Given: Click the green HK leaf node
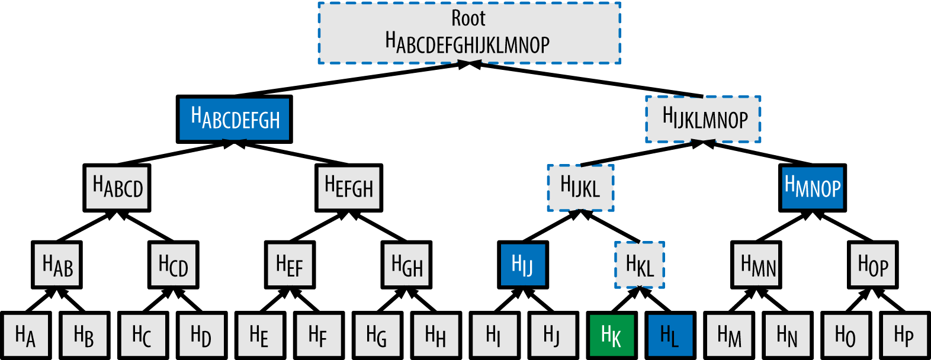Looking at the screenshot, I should [612, 335].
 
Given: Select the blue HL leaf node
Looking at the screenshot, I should [670, 335].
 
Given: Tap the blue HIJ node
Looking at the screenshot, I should [523, 264].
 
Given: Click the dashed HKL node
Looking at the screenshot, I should [640, 265].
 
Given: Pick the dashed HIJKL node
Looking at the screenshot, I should [580, 188].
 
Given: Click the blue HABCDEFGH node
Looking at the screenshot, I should [235, 119].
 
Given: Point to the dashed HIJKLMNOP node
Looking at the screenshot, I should [703, 119].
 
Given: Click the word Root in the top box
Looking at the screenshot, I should [468, 18].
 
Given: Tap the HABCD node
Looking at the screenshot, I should [117, 188].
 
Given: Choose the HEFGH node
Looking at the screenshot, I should [349, 188].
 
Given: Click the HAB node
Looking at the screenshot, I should [57, 265].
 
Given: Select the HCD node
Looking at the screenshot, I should [173, 265].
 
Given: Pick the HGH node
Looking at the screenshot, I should [407, 265].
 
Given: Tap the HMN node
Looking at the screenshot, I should [757, 265].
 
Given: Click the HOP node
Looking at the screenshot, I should [873, 265].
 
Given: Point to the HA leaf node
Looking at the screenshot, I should [25, 335].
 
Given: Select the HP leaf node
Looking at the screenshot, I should [904, 335].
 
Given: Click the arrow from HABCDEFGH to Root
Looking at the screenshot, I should [349, 80].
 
